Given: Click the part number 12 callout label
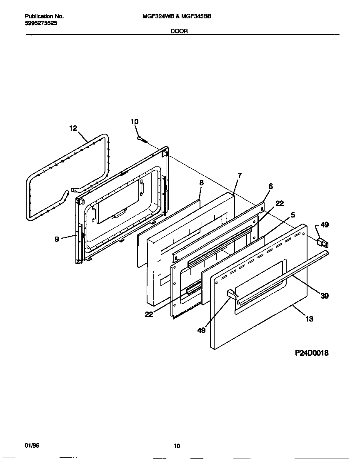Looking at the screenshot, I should coord(73,128).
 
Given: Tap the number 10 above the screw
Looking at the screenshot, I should coord(134,122).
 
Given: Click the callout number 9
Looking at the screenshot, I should coord(57,239).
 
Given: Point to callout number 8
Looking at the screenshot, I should coord(201,182).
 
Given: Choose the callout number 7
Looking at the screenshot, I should coord(240,175).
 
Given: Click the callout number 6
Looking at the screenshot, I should coord(270,186).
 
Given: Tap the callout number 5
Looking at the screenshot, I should coord(293,215).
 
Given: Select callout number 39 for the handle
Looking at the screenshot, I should coord(325,296).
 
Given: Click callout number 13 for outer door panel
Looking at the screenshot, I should coord(309,319).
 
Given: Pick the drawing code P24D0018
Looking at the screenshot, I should coord(312,353).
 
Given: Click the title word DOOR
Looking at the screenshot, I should coord(179,31).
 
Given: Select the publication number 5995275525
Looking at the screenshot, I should coord(41,23).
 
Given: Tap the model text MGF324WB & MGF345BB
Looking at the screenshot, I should coord(177,17).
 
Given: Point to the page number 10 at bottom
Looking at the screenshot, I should coord(177,446).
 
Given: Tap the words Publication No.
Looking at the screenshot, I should coord(44,17).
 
